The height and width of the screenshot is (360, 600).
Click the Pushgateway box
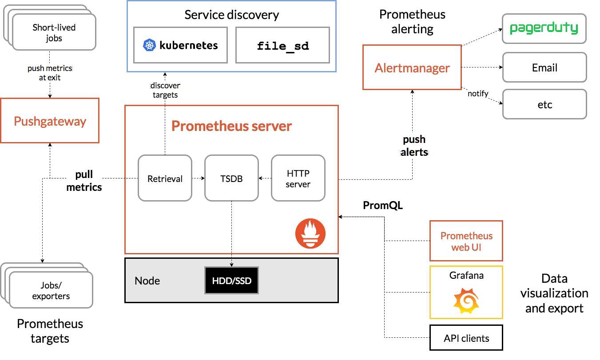(x=50, y=121)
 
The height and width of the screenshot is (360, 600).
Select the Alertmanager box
(x=412, y=67)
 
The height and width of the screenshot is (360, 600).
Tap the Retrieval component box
(x=165, y=178)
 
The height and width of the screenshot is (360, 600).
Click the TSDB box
(x=231, y=178)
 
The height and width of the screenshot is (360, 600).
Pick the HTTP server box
(x=298, y=178)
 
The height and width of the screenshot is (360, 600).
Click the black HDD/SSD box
(x=231, y=281)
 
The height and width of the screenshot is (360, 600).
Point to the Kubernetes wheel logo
(x=149, y=45)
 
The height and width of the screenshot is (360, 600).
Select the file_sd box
(x=282, y=45)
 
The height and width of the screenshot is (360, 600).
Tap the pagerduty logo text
(x=544, y=28)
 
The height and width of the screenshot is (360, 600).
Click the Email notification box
(x=544, y=67)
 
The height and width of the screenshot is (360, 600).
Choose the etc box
(x=544, y=104)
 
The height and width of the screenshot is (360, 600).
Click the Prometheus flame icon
(x=310, y=233)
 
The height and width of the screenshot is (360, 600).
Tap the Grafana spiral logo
(x=466, y=301)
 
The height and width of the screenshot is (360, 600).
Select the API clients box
(x=466, y=338)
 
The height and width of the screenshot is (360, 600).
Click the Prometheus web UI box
(x=466, y=241)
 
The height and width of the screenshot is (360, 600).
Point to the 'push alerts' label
(x=414, y=146)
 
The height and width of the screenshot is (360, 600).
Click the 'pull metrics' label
(x=84, y=181)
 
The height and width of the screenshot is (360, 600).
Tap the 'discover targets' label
(x=165, y=90)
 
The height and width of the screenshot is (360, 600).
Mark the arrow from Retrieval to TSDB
(x=199, y=178)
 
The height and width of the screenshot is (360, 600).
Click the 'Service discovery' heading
(x=231, y=15)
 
